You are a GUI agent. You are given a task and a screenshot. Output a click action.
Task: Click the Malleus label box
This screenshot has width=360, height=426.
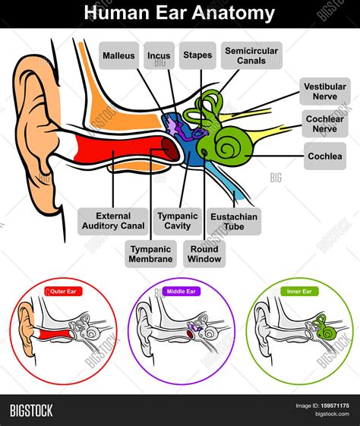tap(120, 55)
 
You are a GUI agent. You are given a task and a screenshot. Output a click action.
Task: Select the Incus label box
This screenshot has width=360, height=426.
tap(159, 55)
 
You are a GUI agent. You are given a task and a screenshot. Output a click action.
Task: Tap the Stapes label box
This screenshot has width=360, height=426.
tap(197, 55)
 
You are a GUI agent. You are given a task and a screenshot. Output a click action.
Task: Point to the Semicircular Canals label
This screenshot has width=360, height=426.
tap(251, 55)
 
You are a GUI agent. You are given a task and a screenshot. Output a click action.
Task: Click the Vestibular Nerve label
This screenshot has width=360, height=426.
tap(325, 92)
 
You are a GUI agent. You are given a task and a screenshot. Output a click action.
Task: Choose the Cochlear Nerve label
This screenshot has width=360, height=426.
tap(325, 125)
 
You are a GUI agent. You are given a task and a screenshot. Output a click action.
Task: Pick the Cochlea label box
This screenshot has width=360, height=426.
tap(325, 156)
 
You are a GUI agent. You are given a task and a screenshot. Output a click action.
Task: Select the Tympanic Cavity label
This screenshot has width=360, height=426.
tap(177, 221)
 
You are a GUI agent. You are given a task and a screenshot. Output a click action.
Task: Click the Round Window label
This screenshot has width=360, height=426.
tap(204, 254)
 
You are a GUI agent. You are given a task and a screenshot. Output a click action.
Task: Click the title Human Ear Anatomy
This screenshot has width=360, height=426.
tap(179, 13)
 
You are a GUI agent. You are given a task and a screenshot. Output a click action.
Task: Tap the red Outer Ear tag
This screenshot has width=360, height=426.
tap(64, 291)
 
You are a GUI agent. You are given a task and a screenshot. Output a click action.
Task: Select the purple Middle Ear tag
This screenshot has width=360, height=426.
tap(180, 291)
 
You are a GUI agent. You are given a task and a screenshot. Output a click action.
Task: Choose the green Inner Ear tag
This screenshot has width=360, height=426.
tap(297, 291)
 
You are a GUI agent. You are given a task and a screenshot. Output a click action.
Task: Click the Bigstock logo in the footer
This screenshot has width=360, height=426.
tap(31, 411)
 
